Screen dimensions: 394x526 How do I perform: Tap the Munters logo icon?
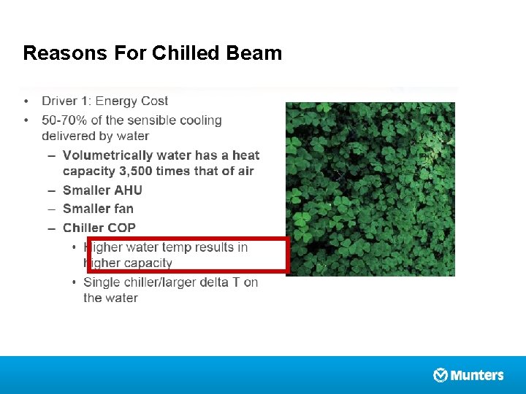(441, 375)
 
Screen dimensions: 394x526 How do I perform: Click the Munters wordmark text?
(477, 375)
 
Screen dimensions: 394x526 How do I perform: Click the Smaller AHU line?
(102, 190)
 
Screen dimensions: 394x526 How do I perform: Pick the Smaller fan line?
(98, 209)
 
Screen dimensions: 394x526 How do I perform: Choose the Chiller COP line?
(99, 228)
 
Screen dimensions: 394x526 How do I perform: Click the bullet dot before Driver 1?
(26, 101)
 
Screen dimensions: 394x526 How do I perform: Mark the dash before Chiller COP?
(50, 228)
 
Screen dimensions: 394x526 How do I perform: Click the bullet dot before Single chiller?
(75, 282)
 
